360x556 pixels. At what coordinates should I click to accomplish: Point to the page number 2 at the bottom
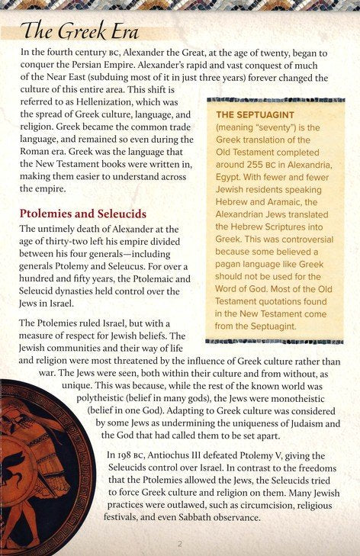point(180,544)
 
